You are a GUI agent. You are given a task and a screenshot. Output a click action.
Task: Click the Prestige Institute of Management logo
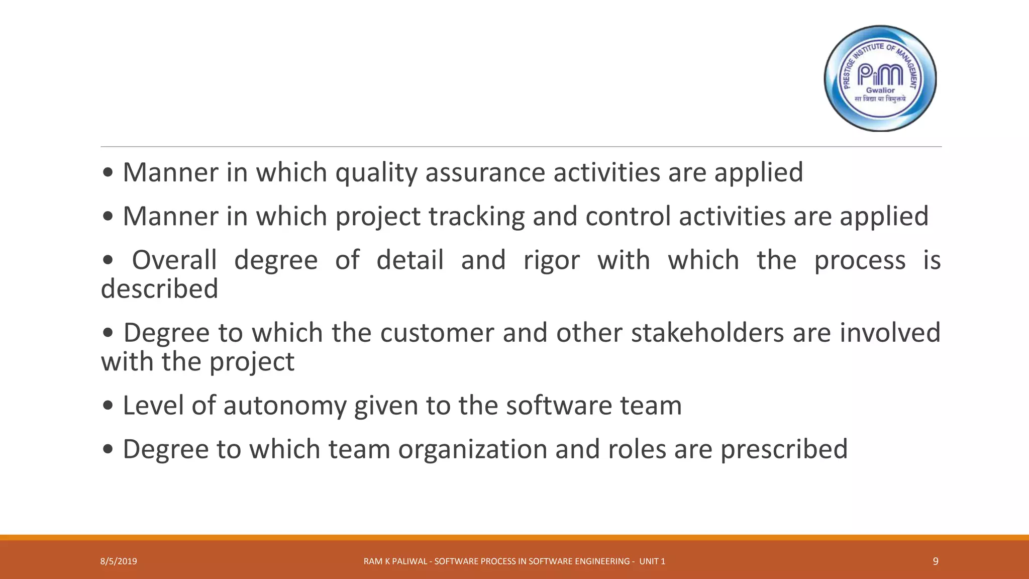coord(880,78)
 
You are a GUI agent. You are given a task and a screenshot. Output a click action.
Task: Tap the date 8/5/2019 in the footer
coord(119,561)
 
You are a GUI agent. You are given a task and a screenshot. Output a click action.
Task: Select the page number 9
coord(935,561)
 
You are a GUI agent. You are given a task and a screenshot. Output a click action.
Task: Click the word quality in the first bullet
coord(376,173)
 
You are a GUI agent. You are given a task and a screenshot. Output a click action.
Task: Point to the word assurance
coord(485,173)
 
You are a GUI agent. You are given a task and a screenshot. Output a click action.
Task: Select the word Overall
coord(174,260)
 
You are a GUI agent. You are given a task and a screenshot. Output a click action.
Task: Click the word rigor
coord(551,260)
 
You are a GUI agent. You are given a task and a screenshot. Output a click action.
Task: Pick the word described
coord(160,289)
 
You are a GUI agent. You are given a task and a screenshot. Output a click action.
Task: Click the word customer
coord(437,333)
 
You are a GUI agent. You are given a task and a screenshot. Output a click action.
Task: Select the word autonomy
coord(285,406)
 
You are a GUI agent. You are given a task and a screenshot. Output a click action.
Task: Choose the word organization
coord(473,449)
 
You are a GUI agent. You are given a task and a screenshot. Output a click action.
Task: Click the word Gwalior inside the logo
coord(880,90)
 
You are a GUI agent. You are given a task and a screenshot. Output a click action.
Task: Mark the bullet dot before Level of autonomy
coord(108,406)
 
